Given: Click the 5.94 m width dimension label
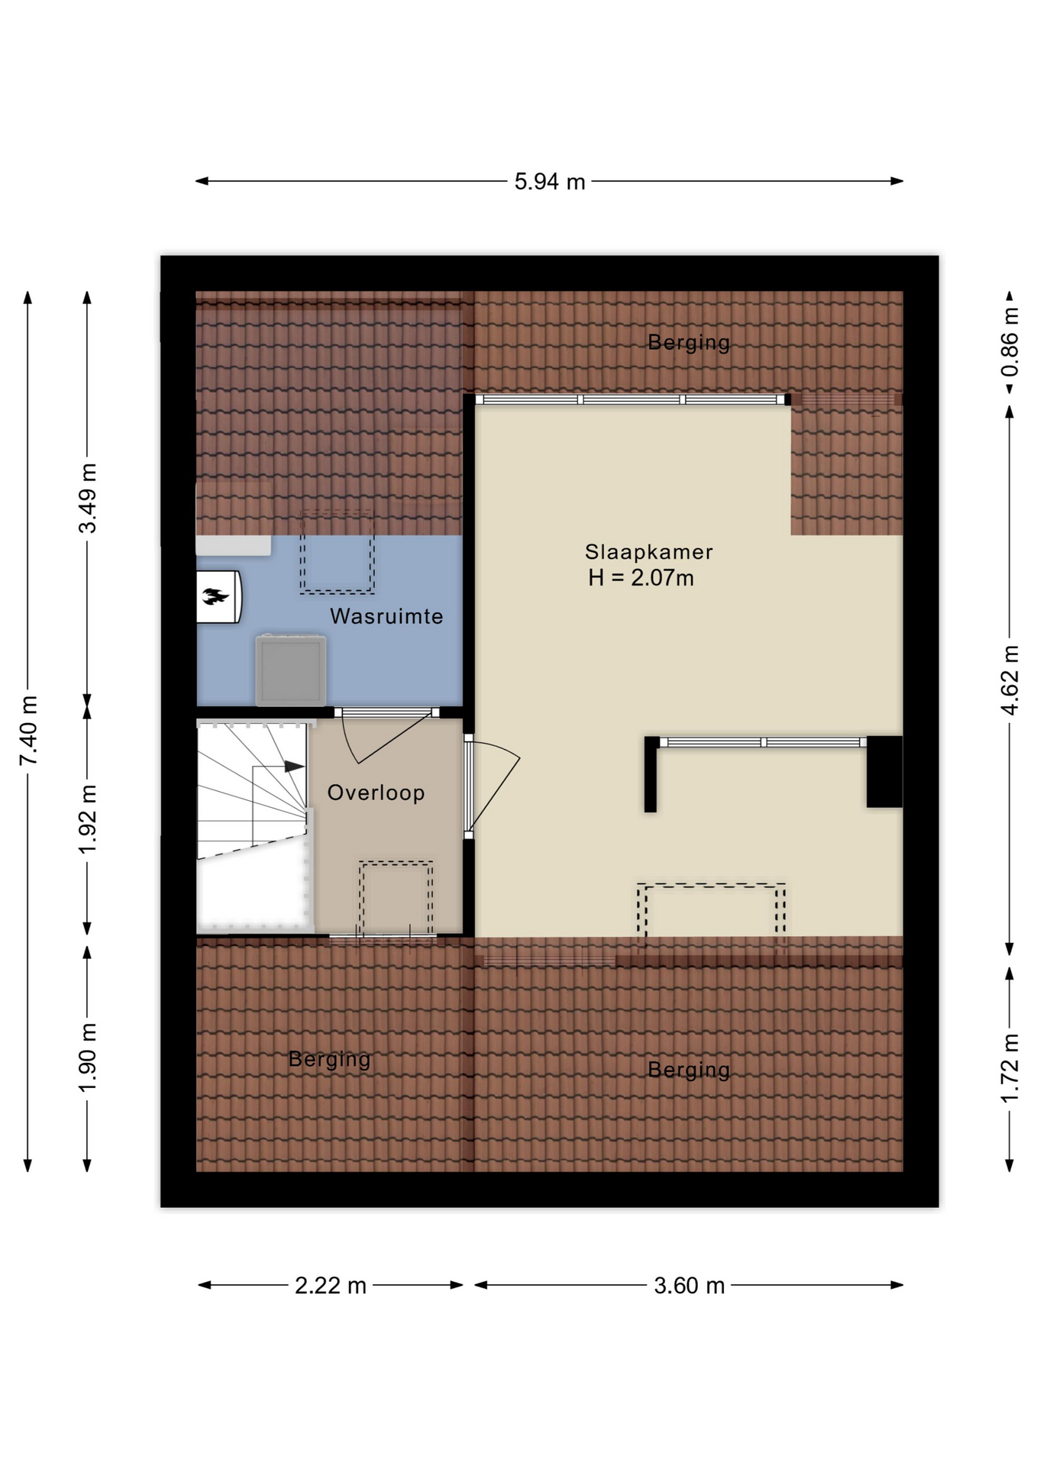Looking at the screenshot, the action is click(x=549, y=182).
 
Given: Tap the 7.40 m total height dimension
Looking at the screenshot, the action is click(x=28, y=730).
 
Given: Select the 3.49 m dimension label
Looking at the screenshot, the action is click(x=88, y=499).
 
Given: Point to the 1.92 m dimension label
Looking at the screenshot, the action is click(x=88, y=819).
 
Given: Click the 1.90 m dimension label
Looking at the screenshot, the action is click(x=88, y=1058).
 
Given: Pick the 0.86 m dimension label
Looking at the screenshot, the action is click(x=1010, y=342).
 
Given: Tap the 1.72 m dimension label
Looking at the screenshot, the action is click(x=1010, y=1068).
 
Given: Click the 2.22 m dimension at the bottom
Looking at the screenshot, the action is click(x=331, y=1286).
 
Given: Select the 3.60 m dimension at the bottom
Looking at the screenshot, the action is click(x=689, y=1286).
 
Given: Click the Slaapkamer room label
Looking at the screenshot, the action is click(x=648, y=551).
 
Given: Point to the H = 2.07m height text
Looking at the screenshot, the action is click(x=641, y=578).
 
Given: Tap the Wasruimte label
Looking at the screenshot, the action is click(x=386, y=616).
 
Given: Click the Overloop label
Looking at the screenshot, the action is click(x=376, y=793).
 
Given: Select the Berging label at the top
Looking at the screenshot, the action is click(x=689, y=342).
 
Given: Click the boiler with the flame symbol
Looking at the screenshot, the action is click(x=219, y=597).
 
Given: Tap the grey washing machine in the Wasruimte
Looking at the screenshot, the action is click(x=291, y=670).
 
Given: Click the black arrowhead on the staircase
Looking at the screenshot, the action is click(x=294, y=766).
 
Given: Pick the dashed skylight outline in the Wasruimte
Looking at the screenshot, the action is click(x=337, y=552).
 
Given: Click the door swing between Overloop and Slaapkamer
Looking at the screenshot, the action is click(x=493, y=786).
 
